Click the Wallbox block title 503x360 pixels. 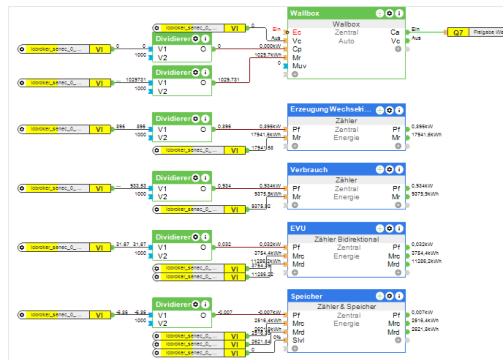pos(305,13)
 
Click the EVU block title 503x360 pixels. pos(298,228)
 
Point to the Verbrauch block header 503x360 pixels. pos(310,170)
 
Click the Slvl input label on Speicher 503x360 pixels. pos(298,340)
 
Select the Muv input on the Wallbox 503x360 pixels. pos(299,66)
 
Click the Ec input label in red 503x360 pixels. pos(297,32)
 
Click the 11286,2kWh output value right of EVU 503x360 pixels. pos(426,261)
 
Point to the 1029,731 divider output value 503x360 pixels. pos(229,80)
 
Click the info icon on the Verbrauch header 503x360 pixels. pos(399,170)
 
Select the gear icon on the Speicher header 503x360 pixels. pos(389,296)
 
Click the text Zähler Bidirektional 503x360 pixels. pos(347,239)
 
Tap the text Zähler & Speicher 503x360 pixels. pos(347,307)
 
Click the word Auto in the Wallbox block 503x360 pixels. pos(347,41)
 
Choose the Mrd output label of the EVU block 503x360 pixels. pos(393,264)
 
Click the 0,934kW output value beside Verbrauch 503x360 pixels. pos(422,185)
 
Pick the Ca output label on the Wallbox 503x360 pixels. pos(395,32)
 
